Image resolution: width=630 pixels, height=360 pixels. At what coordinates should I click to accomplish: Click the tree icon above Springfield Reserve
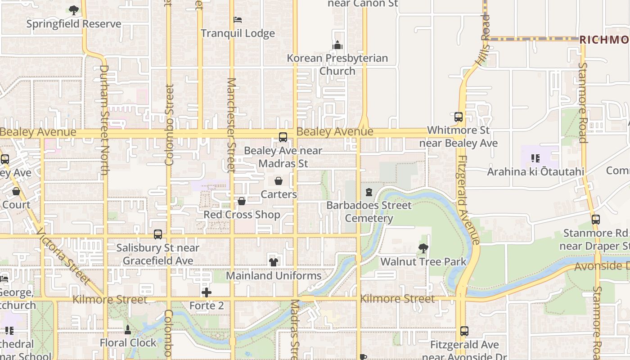point(74,10)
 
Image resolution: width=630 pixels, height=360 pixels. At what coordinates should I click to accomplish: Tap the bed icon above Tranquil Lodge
point(238,20)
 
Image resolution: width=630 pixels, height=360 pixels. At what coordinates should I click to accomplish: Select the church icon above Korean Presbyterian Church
point(337,45)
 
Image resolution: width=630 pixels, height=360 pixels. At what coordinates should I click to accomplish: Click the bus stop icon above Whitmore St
point(459,117)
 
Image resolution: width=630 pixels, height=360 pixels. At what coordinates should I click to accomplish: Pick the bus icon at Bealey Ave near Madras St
point(283,137)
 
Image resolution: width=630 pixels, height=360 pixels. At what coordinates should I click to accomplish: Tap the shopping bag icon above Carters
point(279,181)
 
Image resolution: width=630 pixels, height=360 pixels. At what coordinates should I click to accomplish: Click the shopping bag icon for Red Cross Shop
point(242,201)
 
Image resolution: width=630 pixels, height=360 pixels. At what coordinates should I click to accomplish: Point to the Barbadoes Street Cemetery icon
point(369,192)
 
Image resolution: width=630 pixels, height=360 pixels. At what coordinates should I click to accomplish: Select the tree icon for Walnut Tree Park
point(423,248)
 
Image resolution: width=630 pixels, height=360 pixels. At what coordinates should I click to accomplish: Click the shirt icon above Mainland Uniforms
point(274,262)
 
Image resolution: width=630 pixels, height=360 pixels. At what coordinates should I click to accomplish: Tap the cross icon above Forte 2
point(207,292)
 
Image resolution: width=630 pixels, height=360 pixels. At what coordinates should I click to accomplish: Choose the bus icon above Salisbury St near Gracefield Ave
point(158,234)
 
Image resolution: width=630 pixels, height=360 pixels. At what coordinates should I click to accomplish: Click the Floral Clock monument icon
point(128,329)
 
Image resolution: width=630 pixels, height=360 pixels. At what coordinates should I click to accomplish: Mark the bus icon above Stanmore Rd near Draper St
point(596,220)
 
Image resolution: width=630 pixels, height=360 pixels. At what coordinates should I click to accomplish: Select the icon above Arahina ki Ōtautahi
point(535,158)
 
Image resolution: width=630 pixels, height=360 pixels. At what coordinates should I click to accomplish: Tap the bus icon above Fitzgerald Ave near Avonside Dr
point(464,331)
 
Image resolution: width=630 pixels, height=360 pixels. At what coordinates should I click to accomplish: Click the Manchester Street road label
point(231,125)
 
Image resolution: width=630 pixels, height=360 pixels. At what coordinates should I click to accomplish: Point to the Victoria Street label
point(63,256)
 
